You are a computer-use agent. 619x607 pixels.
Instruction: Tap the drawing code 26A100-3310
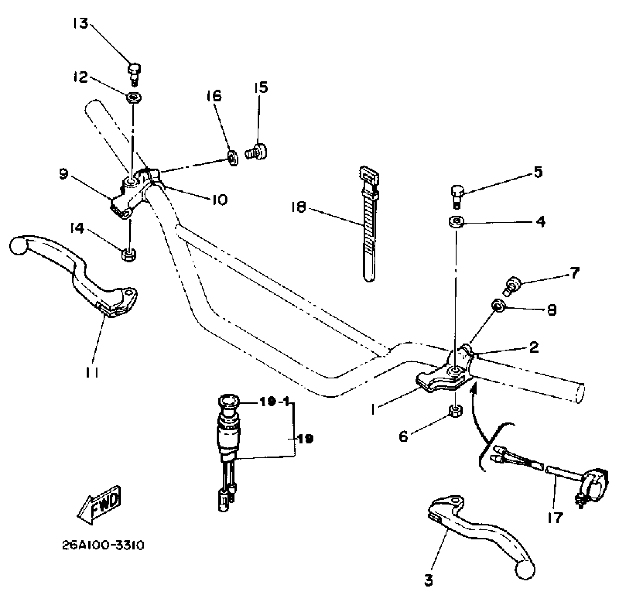coord(103,545)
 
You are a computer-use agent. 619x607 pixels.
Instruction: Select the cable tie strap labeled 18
coord(369,225)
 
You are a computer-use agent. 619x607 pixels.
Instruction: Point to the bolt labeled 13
coord(134,73)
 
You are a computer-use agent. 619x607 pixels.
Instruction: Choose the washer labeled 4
coord(456,222)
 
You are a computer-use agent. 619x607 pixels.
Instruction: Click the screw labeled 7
coord(512,286)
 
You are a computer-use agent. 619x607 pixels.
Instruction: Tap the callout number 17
coord(555,517)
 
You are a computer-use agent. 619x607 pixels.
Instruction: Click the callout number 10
coord(219,200)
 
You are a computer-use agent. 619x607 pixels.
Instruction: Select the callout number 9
coord(63,174)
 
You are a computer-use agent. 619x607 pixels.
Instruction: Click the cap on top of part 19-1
coord(228,401)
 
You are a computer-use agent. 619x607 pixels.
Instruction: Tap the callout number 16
coord(214,96)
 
